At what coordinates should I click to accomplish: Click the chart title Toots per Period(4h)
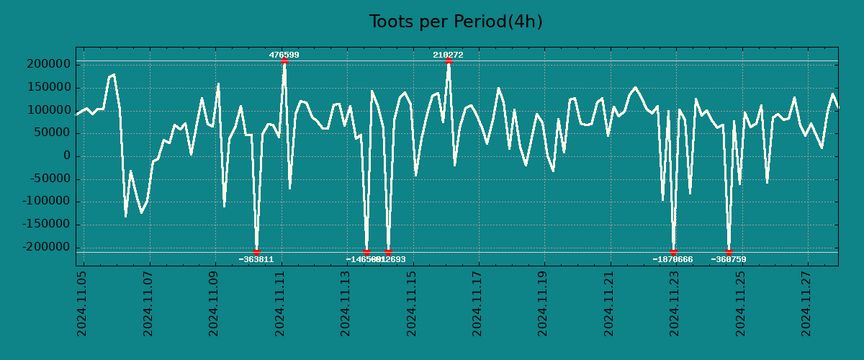455,22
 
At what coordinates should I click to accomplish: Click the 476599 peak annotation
284,55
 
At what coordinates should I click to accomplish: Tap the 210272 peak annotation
448,55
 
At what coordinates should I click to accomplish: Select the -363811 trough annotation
256,259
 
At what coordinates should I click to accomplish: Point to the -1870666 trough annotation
672,259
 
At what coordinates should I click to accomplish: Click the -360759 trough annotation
729,259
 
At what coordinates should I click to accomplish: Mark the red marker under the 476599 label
284,61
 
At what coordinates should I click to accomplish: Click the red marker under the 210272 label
449,61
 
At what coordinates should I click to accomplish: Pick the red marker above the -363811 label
256,252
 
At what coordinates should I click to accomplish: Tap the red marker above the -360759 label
729,252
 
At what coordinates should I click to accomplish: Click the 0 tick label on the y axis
66,156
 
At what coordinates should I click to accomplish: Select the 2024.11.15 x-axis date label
412,304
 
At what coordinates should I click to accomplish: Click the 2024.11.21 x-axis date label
609,304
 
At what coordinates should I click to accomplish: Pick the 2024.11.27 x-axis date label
806,304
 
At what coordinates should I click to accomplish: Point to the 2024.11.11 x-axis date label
280,304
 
